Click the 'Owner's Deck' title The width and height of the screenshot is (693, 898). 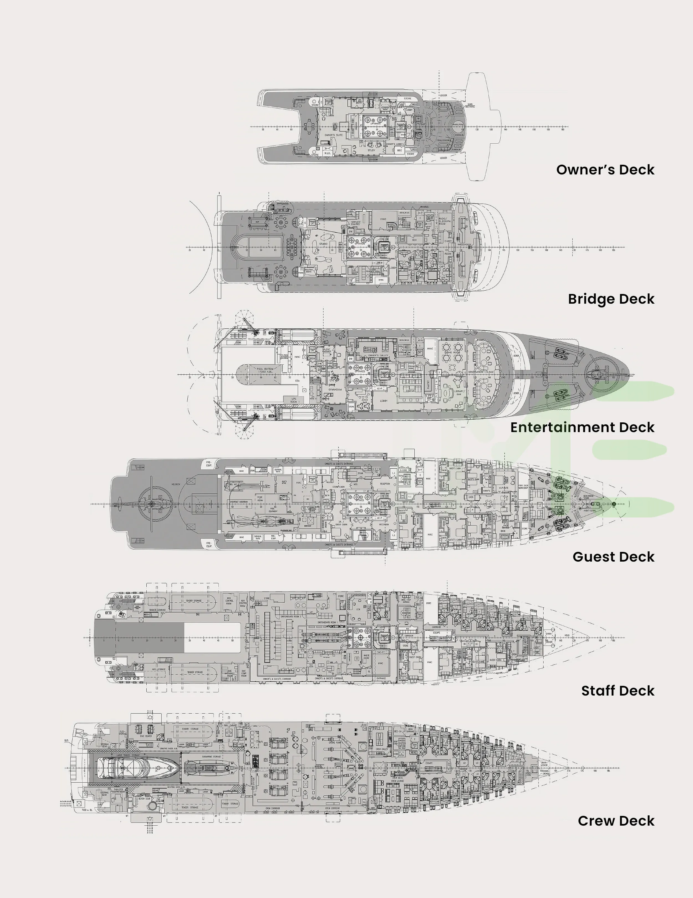605,170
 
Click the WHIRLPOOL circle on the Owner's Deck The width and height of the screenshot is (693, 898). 458,123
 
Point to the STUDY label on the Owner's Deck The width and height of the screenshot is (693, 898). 371,151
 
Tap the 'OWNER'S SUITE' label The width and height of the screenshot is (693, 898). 333,135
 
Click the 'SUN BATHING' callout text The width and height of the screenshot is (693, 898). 470,106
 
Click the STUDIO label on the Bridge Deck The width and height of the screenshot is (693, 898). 323,244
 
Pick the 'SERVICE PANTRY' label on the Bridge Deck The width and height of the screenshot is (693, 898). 356,223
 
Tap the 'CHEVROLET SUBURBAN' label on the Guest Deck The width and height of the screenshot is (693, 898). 238,502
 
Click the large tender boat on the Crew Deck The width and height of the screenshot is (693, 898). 139,768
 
